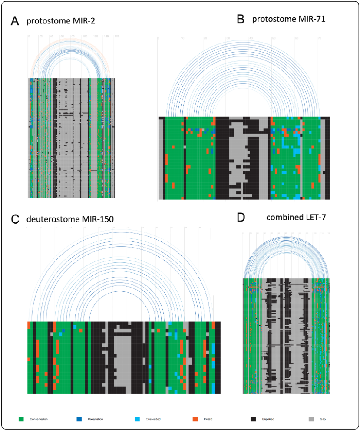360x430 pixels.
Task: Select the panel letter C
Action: (15, 219)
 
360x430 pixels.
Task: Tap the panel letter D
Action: (241, 217)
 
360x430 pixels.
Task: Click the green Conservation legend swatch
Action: (21, 419)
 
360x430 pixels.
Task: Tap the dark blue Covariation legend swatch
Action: (79, 419)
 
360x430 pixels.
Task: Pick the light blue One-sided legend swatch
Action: (137, 419)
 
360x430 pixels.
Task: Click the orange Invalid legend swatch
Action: (195, 419)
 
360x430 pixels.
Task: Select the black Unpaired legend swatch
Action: (253, 419)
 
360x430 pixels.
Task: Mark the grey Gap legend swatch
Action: (311, 419)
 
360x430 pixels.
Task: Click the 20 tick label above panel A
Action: (40, 36)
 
